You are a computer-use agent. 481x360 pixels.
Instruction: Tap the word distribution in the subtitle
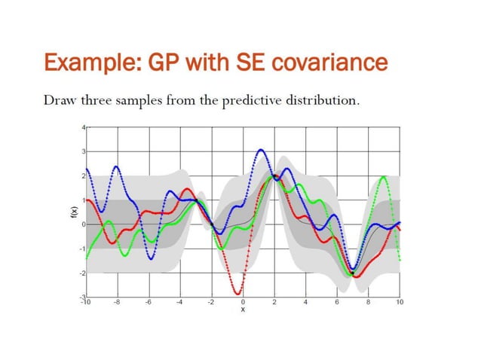323,100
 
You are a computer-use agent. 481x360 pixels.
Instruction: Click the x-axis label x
243,310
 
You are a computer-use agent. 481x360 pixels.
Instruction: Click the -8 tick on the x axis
117,303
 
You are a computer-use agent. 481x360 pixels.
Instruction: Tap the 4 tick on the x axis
306,303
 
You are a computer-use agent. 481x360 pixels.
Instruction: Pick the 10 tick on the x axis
400,303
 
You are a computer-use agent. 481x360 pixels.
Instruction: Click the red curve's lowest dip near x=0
238,294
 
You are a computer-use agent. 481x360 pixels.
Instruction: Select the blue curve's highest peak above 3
261,150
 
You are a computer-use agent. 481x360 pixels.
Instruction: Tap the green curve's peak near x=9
384,177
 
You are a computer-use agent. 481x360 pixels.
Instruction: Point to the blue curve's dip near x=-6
151,259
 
